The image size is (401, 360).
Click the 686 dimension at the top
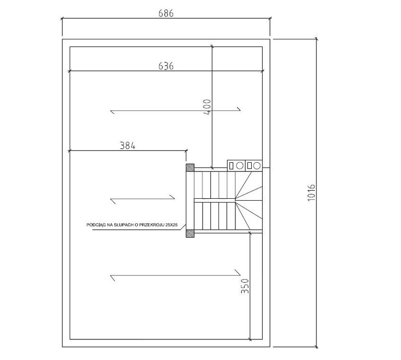pos(166,13)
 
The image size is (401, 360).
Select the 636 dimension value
pos(166,66)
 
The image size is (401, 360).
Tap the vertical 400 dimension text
pos(207,107)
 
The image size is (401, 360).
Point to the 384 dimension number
pos(128,145)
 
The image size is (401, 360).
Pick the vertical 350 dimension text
pos(245,286)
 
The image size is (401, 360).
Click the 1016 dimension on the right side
pos(311,192)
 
